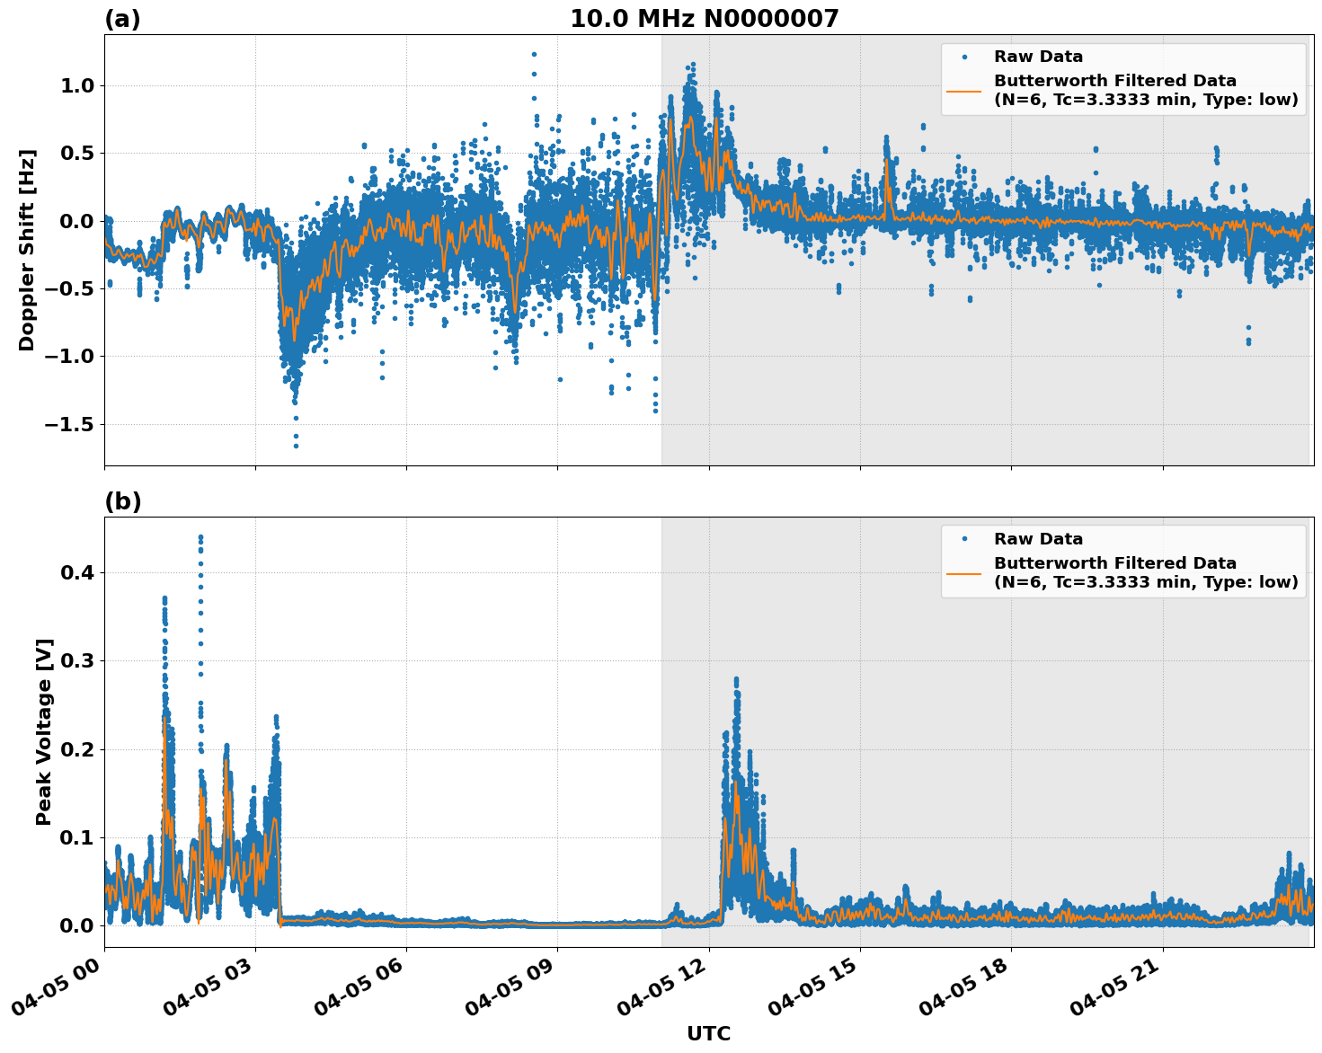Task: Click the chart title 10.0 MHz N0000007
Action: coord(704,19)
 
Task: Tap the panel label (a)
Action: coord(122,19)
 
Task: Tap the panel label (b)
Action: coord(122,501)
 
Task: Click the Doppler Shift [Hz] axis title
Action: coord(27,250)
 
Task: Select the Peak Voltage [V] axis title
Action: coord(44,731)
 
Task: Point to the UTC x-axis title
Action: coord(708,1033)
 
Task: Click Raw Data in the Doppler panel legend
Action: coord(1038,57)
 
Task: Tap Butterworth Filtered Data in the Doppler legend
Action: coord(1114,81)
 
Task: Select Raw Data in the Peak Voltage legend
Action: coord(1038,539)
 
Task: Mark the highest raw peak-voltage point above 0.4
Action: coord(200,537)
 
